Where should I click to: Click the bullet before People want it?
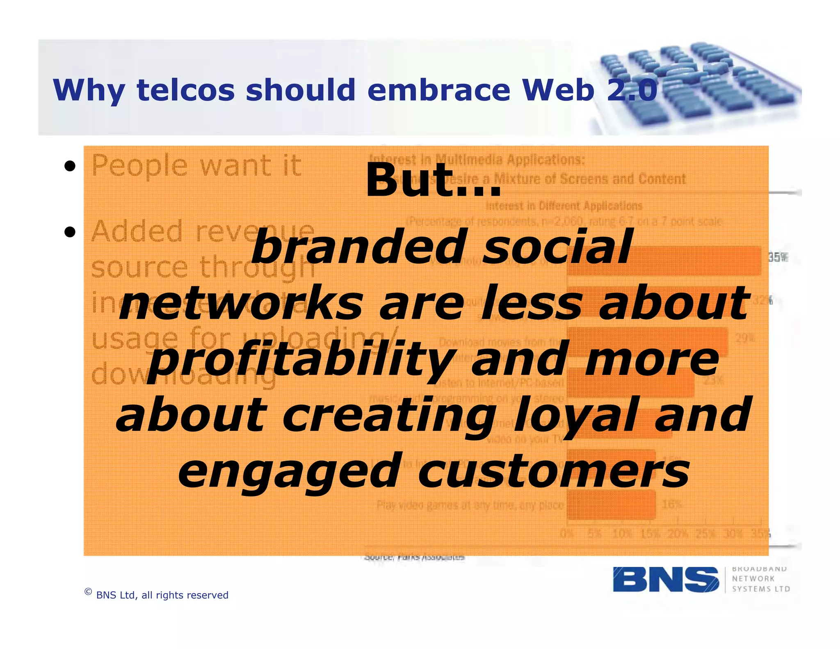70,166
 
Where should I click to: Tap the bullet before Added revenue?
70,232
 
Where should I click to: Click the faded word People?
139,166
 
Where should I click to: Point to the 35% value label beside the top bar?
778,258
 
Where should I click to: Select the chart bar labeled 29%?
647,341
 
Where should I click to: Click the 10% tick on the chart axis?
622,534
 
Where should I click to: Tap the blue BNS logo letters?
665,580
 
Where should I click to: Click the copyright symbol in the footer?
88,592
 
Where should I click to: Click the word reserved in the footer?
208,595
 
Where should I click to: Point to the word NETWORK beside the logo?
753,579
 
